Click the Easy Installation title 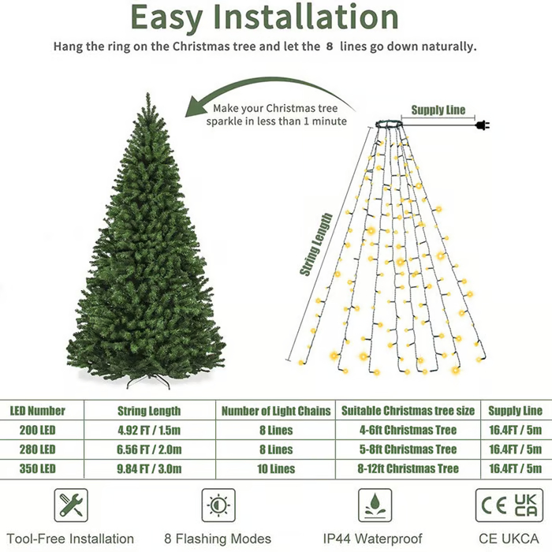[x=264, y=17]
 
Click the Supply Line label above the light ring [x=438, y=110]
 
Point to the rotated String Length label [x=316, y=244]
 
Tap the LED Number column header [x=37, y=411]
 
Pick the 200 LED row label [x=32, y=431]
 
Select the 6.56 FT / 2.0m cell [x=149, y=449]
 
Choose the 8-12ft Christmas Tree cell [x=408, y=468]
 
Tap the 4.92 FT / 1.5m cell [x=149, y=431]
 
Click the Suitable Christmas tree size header [x=408, y=411]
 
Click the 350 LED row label [x=32, y=468]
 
